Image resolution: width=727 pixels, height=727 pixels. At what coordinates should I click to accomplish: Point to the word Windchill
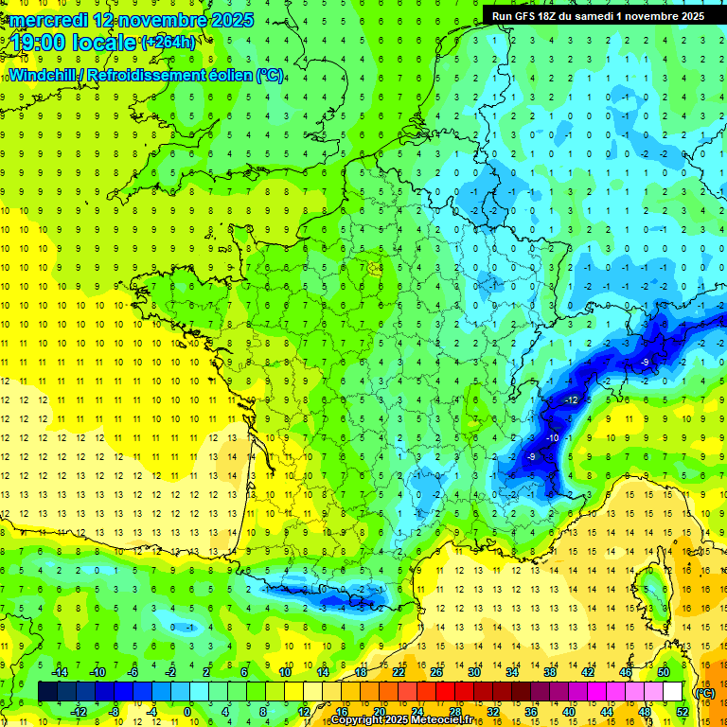coord(40,75)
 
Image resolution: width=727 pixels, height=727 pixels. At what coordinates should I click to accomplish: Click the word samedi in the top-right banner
coord(613,16)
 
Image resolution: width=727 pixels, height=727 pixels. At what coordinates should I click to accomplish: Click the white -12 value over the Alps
coord(571,401)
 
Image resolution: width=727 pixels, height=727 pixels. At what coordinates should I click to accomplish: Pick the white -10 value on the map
coord(553,437)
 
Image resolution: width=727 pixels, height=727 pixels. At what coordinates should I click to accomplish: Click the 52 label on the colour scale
coord(683,711)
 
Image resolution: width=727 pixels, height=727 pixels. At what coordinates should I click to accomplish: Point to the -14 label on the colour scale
coord(61,672)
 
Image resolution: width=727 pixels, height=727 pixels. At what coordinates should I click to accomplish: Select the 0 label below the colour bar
coord(187,711)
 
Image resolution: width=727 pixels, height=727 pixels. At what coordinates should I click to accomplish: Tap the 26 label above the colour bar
coord(436,672)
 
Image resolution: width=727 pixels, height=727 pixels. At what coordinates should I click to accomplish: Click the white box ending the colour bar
coord(673,692)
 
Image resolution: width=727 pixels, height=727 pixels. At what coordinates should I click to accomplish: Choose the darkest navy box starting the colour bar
coord(47,692)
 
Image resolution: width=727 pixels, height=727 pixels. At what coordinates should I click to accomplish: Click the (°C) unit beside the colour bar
coord(704,692)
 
